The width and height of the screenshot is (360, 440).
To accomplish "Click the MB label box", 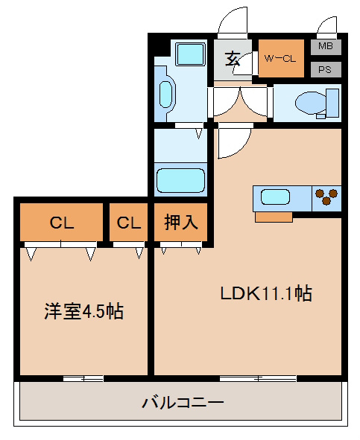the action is [326, 47].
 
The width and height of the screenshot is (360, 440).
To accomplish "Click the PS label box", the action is [326, 69].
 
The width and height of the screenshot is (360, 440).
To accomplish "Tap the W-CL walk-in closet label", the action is [280, 59].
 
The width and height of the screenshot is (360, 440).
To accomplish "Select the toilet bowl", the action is [311, 103].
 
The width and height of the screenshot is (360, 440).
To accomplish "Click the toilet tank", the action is [332, 103].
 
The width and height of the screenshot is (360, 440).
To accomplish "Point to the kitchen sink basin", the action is [275, 197].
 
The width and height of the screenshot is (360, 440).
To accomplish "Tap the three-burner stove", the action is [326, 198].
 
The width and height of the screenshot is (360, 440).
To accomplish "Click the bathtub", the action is [180, 180].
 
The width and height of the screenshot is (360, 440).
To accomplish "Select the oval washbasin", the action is [165, 95].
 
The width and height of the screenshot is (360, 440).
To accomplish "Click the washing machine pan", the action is [190, 54].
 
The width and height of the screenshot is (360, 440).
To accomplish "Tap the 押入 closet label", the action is [181, 222].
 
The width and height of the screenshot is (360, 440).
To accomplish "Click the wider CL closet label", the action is [62, 223].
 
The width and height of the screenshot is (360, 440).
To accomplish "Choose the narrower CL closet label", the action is [129, 223].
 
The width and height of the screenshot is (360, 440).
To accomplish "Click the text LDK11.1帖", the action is [266, 293].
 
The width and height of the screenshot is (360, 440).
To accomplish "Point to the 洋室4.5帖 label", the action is [83, 311].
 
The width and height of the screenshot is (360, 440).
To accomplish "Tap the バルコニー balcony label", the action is [183, 402].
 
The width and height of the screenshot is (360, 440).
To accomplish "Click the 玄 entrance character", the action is [233, 59].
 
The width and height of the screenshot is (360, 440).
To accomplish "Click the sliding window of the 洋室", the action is [83, 379].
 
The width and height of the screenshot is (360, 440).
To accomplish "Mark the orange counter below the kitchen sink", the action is [274, 217].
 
